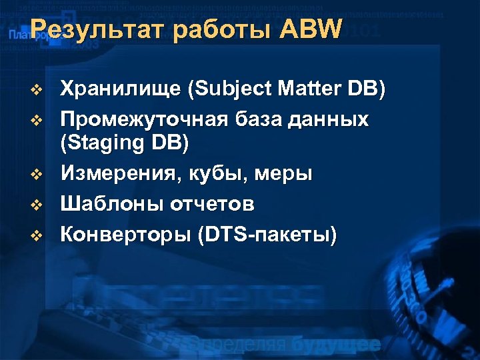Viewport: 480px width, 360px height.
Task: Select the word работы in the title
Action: tap(211, 30)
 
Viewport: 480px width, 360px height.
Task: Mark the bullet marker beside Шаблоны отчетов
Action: tap(37, 204)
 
